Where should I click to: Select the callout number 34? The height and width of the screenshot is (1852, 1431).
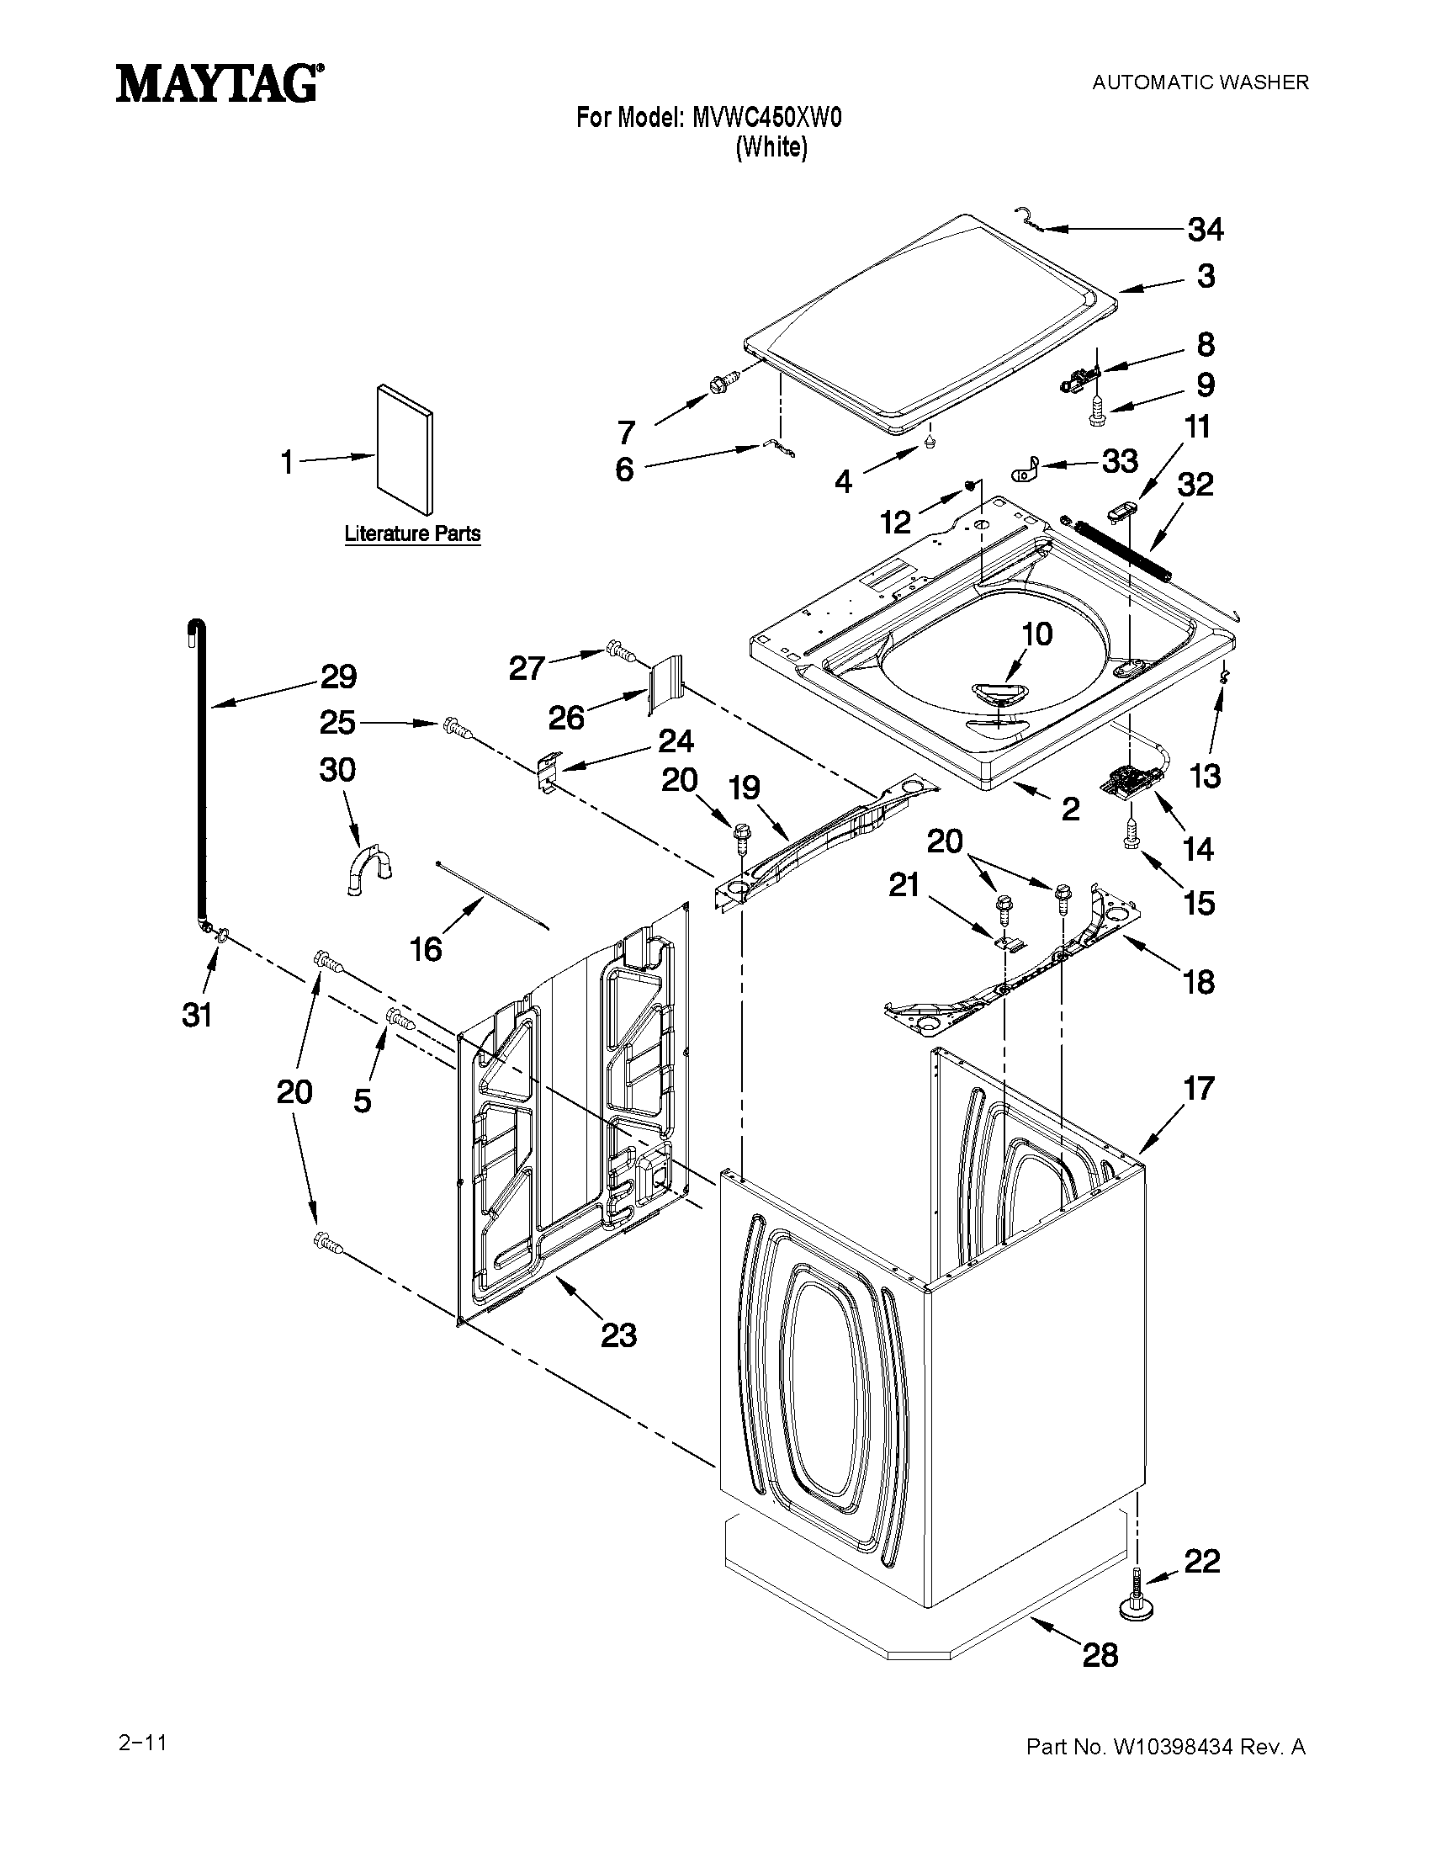click(x=1206, y=230)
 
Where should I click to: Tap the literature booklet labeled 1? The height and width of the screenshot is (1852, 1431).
click(x=405, y=450)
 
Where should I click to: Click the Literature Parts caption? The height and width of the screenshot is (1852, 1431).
click(x=412, y=534)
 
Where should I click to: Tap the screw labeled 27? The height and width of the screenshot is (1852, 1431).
click(x=621, y=653)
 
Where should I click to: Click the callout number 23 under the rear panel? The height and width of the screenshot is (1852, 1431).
click(x=619, y=1335)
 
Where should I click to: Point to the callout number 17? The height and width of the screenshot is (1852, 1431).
click(x=1199, y=1089)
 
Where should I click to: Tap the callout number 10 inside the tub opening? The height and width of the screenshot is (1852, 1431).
click(x=1036, y=634)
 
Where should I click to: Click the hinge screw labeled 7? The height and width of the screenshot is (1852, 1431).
click(x=723, y=385)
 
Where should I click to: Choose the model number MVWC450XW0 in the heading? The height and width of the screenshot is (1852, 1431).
click(x=766, y=118)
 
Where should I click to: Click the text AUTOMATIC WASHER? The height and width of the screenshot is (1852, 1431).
click(x=1200, y=82)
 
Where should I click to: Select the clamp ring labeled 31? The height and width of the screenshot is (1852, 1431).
click(x=222, y=936)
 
